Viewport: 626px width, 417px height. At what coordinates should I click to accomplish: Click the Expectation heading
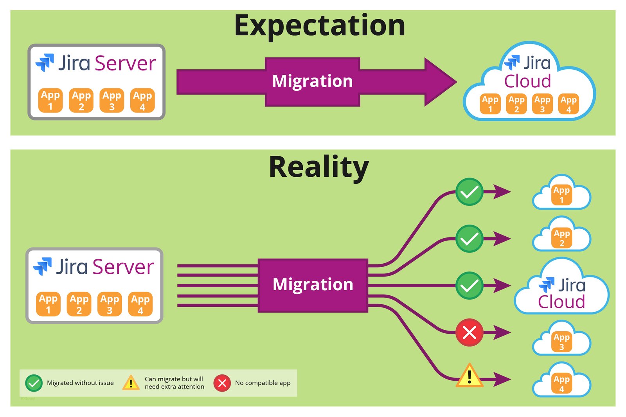[x=319, y=26]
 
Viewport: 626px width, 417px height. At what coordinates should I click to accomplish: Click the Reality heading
[x=318, y=167]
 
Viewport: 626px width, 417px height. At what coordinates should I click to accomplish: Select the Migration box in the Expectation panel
[x=312, y=81]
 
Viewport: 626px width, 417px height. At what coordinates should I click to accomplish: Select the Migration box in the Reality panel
[x=313, y=285]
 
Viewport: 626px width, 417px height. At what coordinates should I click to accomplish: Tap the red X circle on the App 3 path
[x=469, y=333]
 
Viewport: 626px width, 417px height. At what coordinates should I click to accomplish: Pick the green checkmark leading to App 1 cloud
[x=469, y=192]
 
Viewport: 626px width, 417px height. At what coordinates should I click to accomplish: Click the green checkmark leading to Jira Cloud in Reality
[x=469, y=286]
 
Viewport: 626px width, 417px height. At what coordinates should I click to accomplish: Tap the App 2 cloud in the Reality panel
[x=561, y=237]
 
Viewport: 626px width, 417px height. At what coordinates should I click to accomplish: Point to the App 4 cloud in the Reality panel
[x=561, y=382]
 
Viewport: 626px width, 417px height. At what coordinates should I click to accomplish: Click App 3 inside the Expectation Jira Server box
[x=112, y=101]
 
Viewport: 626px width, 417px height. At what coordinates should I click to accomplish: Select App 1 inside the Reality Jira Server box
[x=48, y=304]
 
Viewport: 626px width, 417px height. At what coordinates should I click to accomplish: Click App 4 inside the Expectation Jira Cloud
[x=568, y=104]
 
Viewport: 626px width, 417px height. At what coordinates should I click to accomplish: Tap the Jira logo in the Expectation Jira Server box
[x=45, y=63]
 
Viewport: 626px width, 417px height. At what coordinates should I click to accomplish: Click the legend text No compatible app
[x=263, y=383]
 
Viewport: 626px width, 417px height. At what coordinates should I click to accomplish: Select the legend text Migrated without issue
[x=80, y=383]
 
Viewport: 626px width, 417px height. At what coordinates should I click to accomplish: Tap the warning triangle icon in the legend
[x=131, y=383]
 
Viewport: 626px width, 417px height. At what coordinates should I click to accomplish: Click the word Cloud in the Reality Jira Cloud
[x=561, y=302]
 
